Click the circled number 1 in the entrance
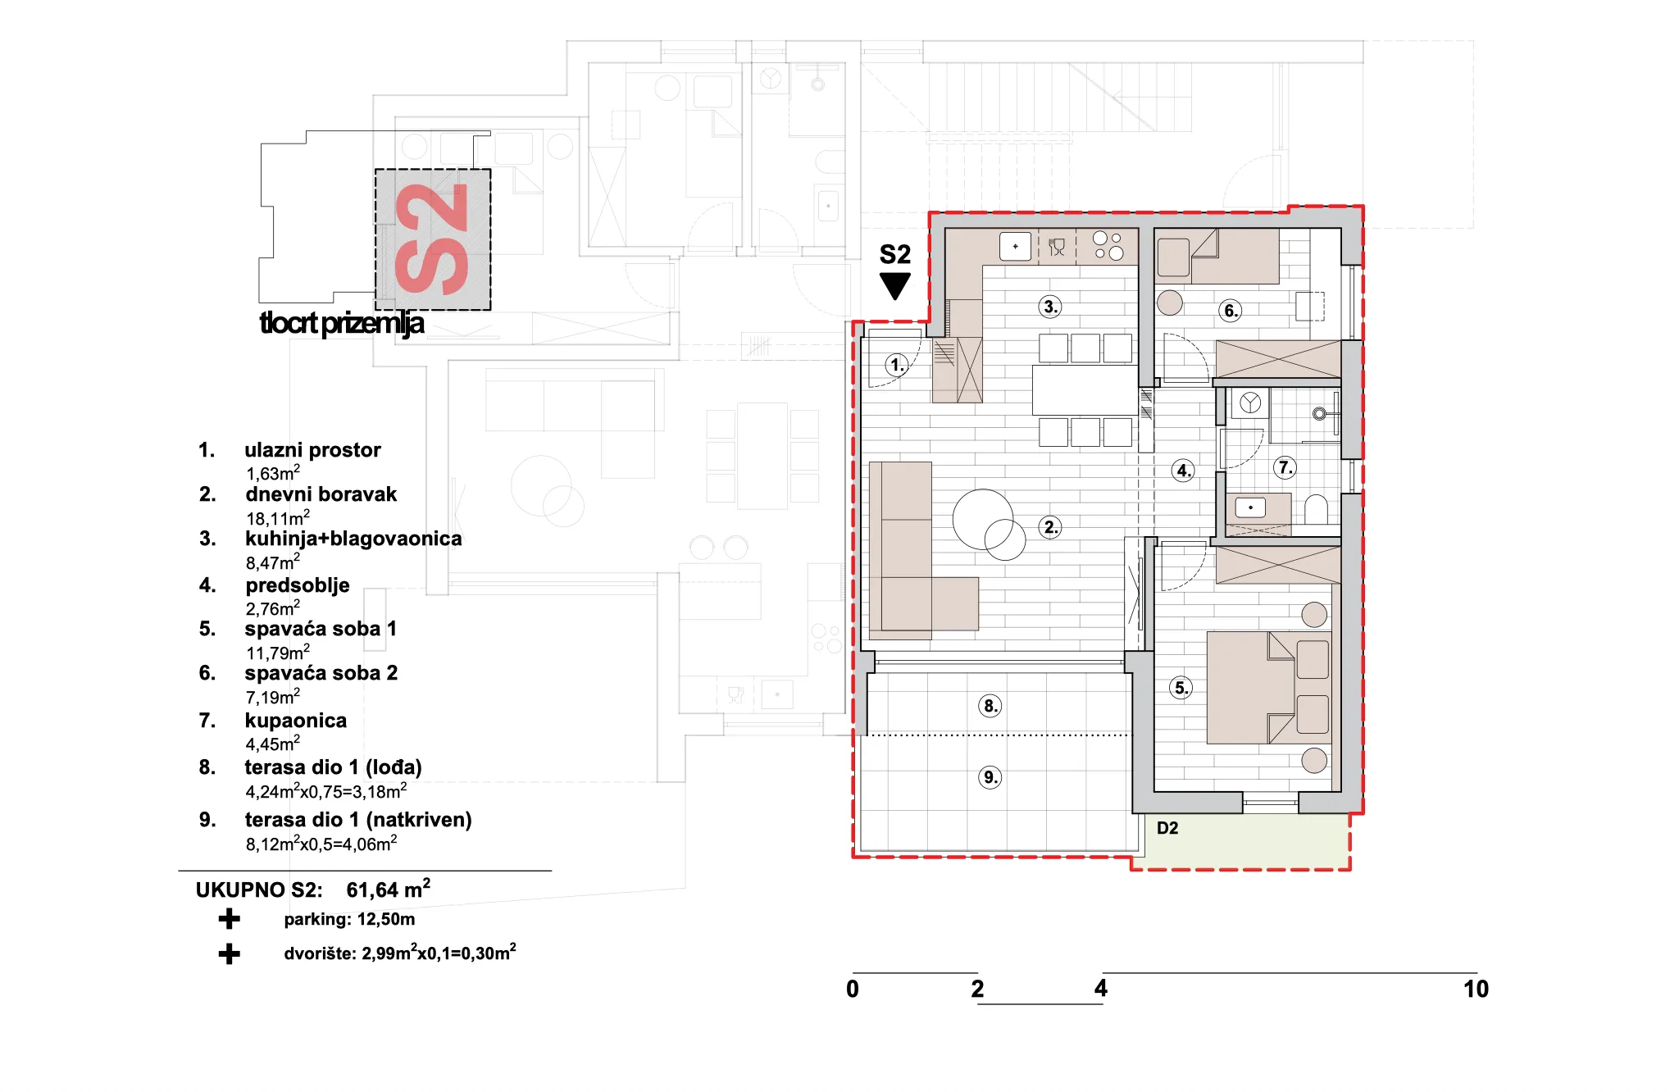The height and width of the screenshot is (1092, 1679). click(897, 365)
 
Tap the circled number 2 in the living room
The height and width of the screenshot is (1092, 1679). click(1050, 527)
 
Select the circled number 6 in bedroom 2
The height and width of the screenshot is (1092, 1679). click(1230, 311)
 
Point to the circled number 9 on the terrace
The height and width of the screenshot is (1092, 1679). click(990, 777)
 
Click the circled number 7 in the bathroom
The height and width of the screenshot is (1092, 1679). click(1285, 468)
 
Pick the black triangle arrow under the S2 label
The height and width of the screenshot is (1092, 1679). click(895, 286)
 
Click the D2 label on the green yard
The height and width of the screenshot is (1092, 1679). click(1167, 828)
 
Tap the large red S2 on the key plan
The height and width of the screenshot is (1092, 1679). click(432, 239)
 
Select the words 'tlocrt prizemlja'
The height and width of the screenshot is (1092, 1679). click(342, 324)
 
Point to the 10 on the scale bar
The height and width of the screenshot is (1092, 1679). click(1476, 990)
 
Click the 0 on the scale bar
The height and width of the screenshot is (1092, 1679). click(853, 990)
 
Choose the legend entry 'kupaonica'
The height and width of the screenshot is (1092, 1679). click(296, 721)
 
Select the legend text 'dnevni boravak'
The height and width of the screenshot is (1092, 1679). click(321, 494)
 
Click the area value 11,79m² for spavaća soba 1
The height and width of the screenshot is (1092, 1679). click(278, 653)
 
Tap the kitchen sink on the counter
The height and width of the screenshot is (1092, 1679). click(1015, 246)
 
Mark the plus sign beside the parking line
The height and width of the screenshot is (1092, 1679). click(230, 919)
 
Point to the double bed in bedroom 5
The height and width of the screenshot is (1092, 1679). click(1269, 687)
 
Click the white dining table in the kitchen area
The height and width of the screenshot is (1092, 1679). click(1085, 390)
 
